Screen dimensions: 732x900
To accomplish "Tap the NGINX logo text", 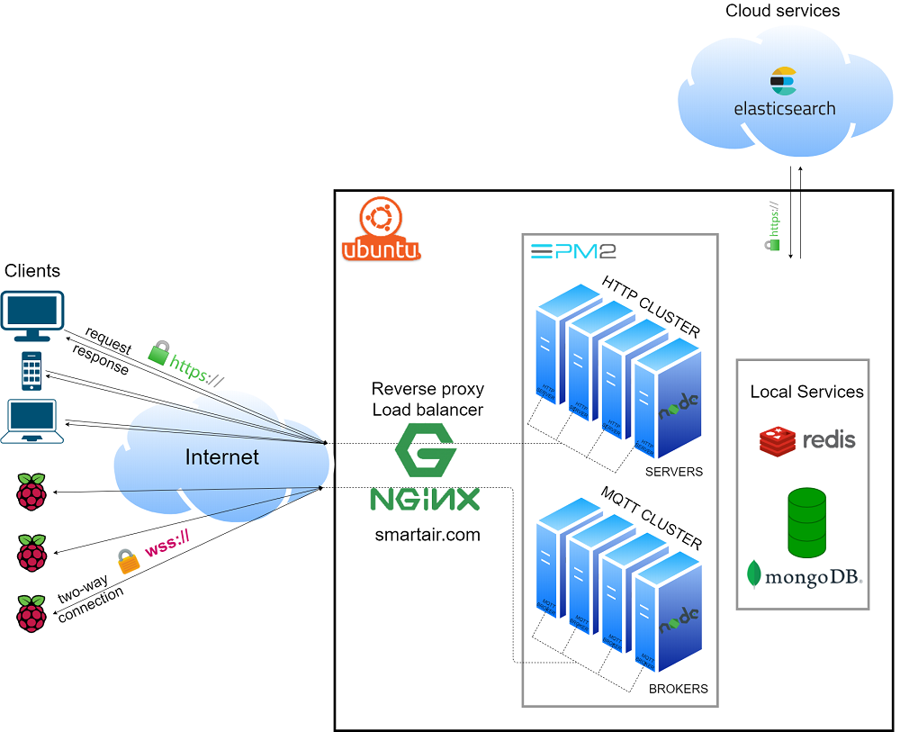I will click(426, 499).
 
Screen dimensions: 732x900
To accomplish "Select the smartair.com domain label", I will click(427, 535).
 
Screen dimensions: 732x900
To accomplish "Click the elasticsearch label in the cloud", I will click(784, 109).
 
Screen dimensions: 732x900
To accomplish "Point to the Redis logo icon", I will click(778, 440).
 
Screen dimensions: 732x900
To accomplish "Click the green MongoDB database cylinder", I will click(806, 523).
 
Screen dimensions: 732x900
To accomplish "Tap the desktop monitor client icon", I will click(31, 313).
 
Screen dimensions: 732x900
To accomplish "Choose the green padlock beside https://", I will click(158, 353).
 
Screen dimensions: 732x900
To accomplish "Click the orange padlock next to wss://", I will click(129, 562).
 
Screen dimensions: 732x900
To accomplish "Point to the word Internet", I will click(221, 457).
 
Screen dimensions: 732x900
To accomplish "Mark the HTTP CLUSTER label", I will click(651, 307).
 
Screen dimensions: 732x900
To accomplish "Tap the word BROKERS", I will click(679, 689).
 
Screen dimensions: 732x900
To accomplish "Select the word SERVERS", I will click(674, 472).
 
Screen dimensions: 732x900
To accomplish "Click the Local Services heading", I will click(806, 392).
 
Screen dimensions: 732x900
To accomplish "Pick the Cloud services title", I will click(782, 12).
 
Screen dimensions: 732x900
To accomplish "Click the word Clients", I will click(32, 271).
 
